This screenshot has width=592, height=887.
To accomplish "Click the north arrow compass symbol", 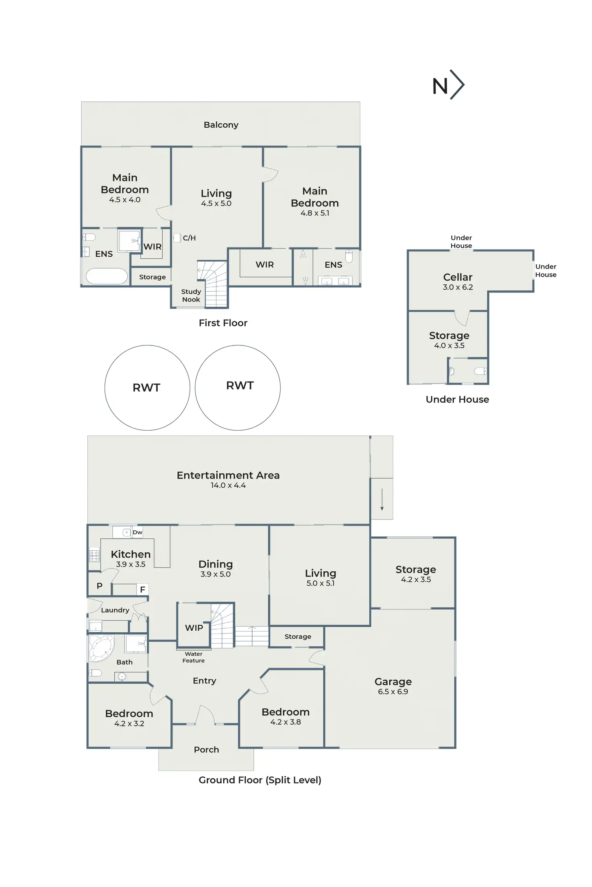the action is [x=448, y=85].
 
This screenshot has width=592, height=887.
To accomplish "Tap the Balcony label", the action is [x=221, y=125].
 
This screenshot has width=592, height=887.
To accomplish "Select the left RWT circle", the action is [x=147, y=388].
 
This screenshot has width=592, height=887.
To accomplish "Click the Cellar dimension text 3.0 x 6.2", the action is [x=458, y=287].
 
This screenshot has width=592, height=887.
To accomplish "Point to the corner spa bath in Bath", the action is [x=101, y=648].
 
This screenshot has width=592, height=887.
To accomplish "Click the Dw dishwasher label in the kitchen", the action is [x=138, y=532].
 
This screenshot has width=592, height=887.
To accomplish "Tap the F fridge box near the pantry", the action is [x=142, y=590].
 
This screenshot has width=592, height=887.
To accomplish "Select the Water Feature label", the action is [x=193, y=657].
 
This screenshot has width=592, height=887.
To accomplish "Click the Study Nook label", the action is [x=191, y=295].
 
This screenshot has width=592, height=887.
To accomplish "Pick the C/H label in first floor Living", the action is [x=189, y=238].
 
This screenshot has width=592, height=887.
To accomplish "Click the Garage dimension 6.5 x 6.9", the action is [x=393, y=691].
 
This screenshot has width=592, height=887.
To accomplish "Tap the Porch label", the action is [x=206, y=750].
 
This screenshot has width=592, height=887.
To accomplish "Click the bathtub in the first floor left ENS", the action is [x=107, y=276].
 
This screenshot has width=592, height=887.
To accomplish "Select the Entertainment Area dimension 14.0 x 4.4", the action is [x=228, y=485].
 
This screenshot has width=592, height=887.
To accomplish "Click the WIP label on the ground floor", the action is [x=194, y=628].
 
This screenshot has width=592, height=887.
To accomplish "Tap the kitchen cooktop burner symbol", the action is [x=94, y=555].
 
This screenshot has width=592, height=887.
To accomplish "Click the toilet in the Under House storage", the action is [x=480, y=371].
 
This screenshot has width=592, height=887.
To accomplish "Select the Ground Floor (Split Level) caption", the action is [x=260, y=780].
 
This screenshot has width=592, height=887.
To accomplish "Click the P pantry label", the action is [x=99, y=586].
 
